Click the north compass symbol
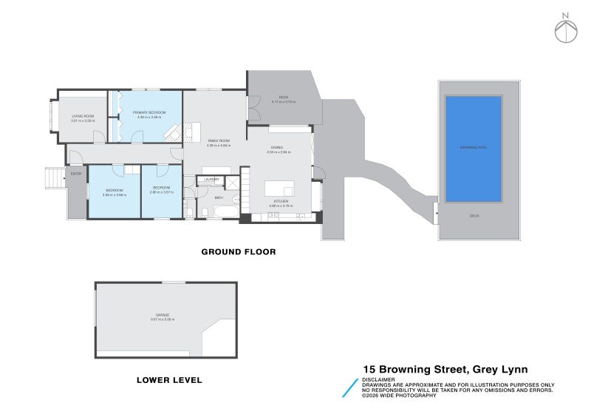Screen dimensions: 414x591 (x=565, y=28)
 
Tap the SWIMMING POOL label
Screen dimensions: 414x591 (x=474, y=148)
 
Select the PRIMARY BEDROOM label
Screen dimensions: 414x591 (x=149, y=112)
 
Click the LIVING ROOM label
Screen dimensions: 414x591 (x=83, y=116)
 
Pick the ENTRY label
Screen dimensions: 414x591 (x=75, y=174)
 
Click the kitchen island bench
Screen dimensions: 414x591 (x=273, y=188)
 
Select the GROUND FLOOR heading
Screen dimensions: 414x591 (x=239, y=252)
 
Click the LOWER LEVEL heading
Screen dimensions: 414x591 (x=169, y=381)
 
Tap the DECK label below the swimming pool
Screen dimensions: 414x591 (x=474, y=216)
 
